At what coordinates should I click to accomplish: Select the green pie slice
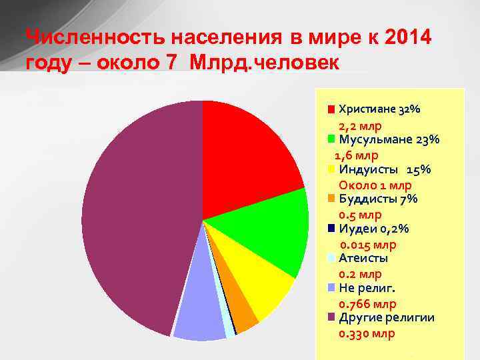pyautogui.click(x=273, y=230)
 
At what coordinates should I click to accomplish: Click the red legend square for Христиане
pyautogui.click(x=331, y=109)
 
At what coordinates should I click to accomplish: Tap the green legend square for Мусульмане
pyautogui.click(x=331, y=139)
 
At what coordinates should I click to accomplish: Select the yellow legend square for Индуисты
pyautogui.click(x=331, y=169)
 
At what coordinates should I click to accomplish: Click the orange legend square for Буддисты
pyautogui.click(x=331, y=199)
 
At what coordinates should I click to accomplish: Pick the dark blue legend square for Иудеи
pyautogui.click(x=331, y=229)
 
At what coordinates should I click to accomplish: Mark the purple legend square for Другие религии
pyautogui.click(x=331, y=317)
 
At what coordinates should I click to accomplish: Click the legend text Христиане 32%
pyautogui.click(x=379, y=109)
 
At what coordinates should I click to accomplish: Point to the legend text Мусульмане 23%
pyautogui.click(x=389, y=139)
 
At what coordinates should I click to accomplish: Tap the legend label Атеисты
pyautogui.click(x=363, y=258)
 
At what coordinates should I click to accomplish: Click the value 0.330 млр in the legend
pyautogui.click(x=367, y=333)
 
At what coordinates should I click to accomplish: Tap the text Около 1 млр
pyautogui.click(x=375, y=185)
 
